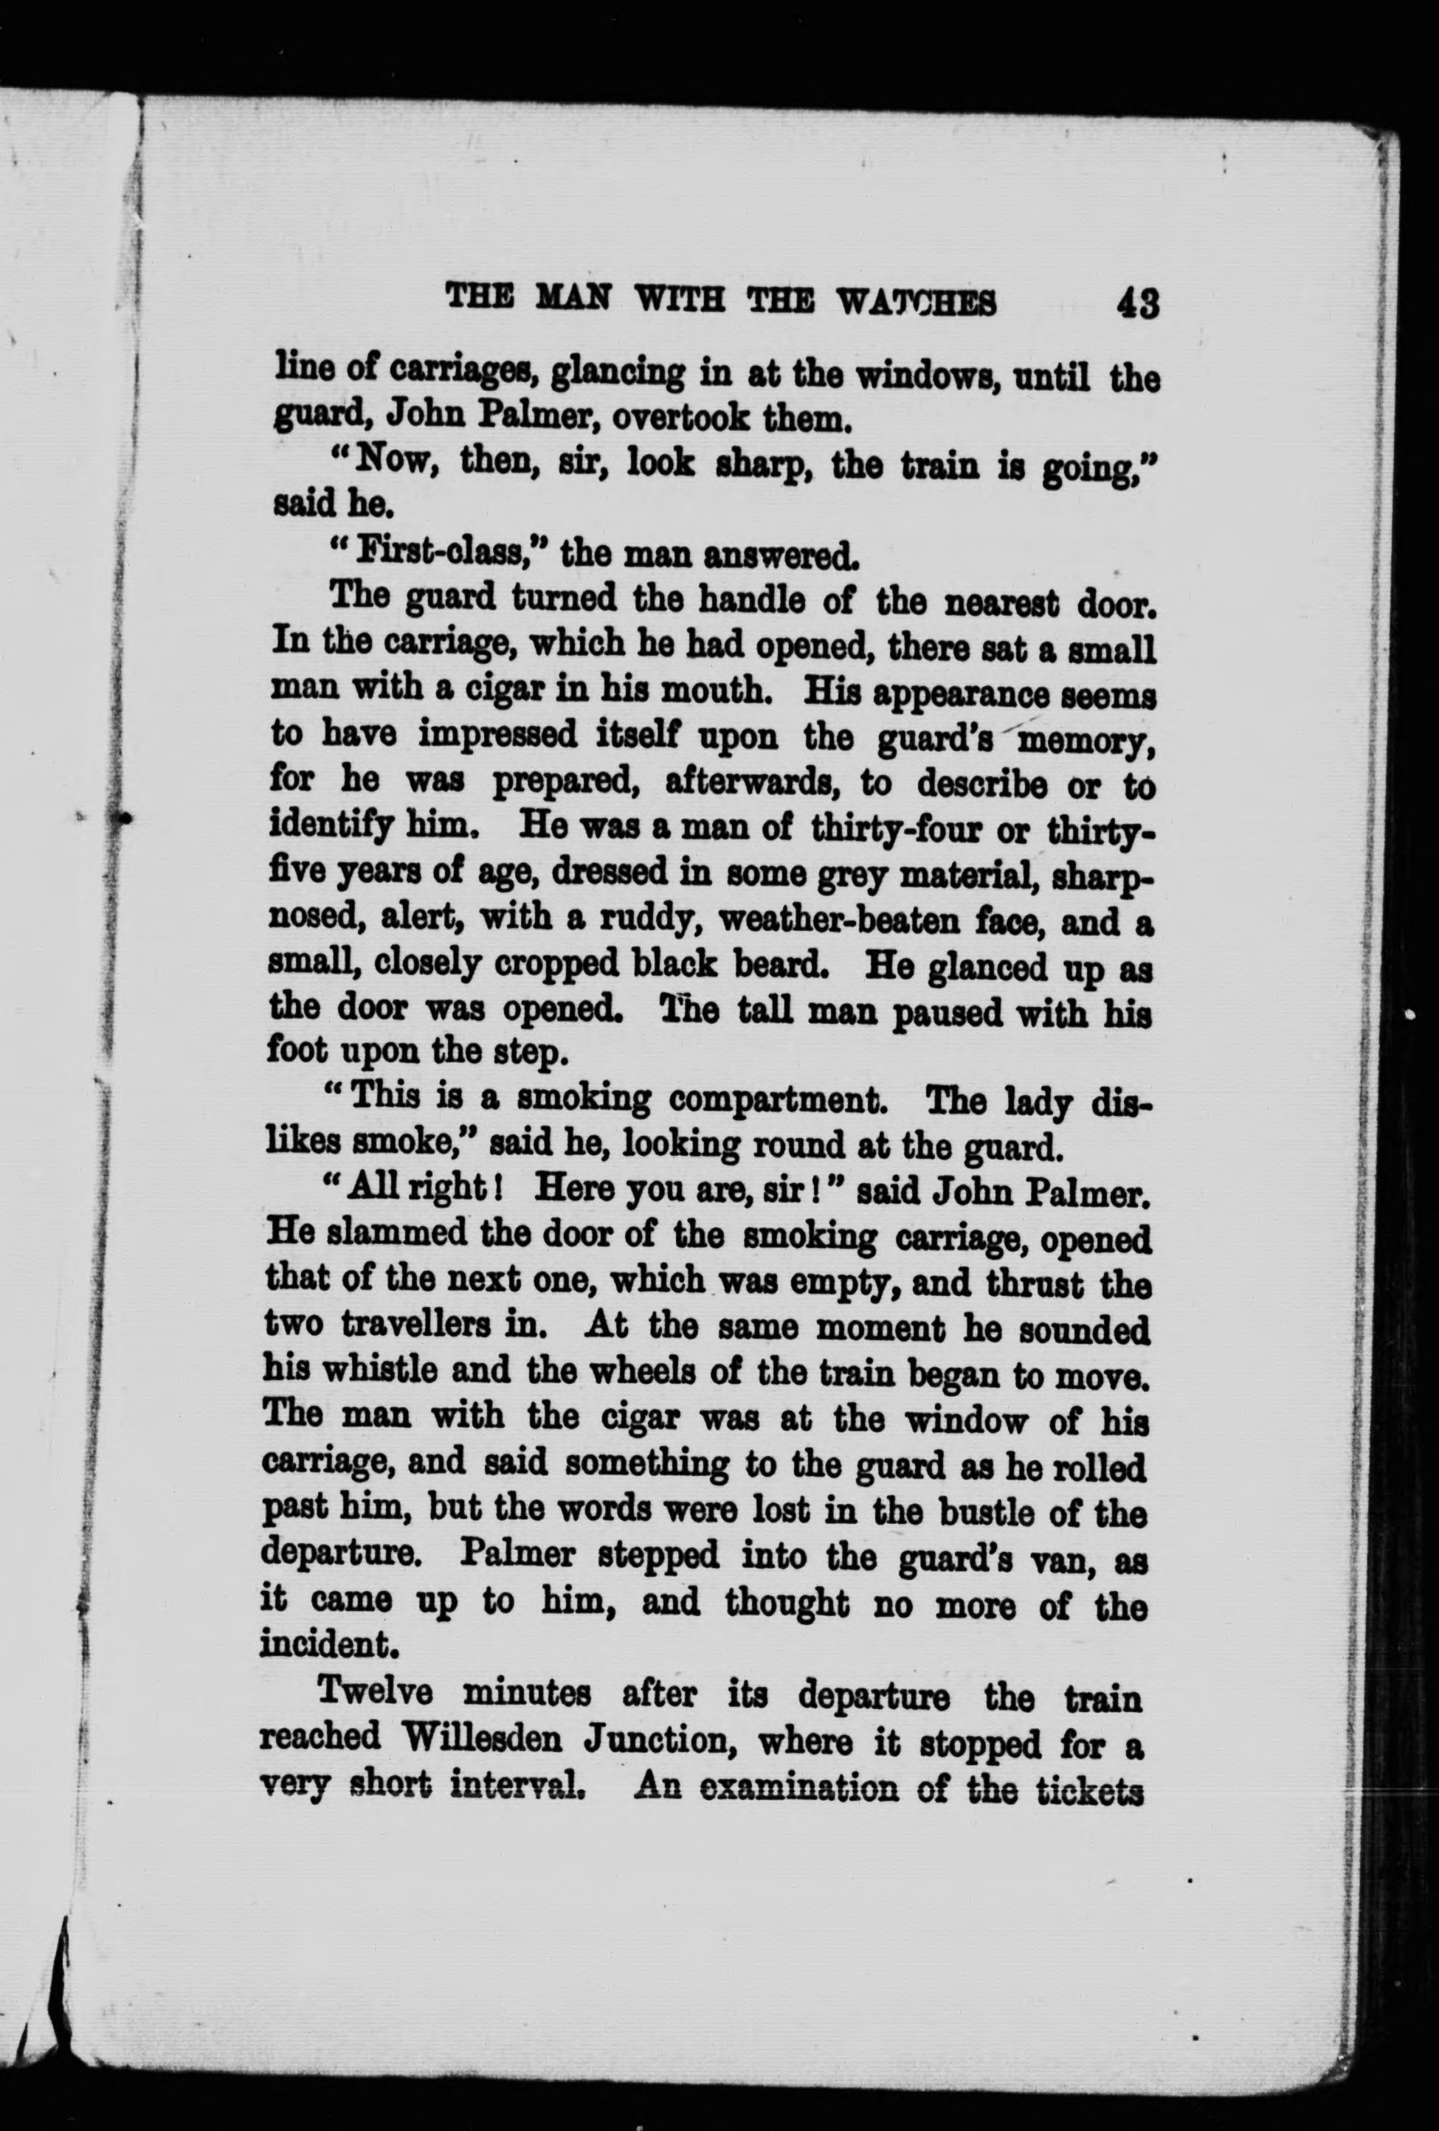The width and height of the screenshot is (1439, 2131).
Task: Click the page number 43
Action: coord(1138,303)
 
